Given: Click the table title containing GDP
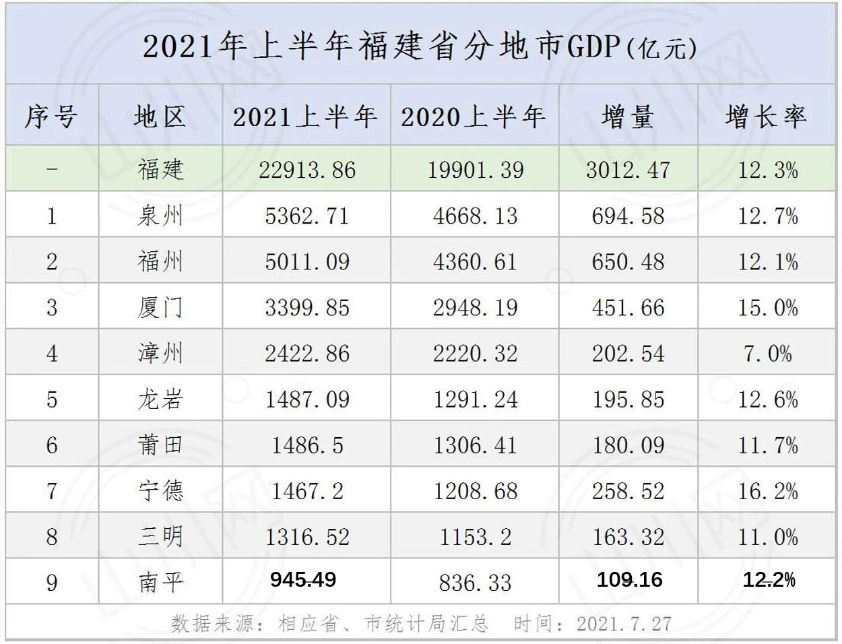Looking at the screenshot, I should [x=420, y=47].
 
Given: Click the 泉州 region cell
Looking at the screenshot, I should [x=160, y=216].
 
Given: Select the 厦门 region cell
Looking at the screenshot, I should [x=160, y=308].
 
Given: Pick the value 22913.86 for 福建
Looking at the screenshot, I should [x=307, y=170].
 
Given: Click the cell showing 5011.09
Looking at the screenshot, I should [x=307, y=261].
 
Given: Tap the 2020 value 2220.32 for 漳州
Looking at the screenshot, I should [x=475, y=354].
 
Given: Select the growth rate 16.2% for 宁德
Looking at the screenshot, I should [x=768, y=491].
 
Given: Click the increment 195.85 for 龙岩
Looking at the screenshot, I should [x=628, y=399].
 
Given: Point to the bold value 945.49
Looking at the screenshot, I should [x=303, y=579].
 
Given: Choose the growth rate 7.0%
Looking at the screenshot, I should [x=768, y=354].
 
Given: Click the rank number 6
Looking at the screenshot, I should [x=52, y=445].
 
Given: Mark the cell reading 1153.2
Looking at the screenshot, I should [x=475, y=537].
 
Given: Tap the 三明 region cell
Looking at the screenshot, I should [x=160, y=537].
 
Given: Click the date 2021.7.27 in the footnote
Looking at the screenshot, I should [x=624, y=624].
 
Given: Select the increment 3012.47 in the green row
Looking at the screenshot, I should [x=628, y=170].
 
